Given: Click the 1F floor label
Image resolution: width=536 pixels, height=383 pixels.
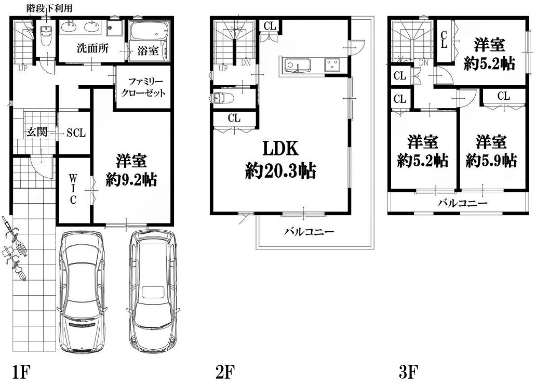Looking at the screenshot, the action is pyautogui.click(x=21, y=372).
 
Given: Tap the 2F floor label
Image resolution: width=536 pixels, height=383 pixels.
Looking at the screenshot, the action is pyautogui.click(x=225, y=372).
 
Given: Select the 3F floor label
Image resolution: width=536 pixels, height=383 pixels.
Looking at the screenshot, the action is pyautogui.click(x=409, y=372).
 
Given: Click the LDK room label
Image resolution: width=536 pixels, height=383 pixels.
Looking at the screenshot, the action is pyautogui.click(x=280, y=149).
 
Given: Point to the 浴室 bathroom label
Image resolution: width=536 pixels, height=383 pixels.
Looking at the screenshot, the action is pyautogui.click(x=148, y=51).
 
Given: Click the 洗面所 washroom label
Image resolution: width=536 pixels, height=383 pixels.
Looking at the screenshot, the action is pyautogui.click(x=92, y=48).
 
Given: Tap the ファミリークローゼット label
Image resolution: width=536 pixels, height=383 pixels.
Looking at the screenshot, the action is pyautogui.click(x=143, y=87).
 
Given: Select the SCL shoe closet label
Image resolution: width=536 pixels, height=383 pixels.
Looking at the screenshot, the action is pyautogui.click(x=76, y=133).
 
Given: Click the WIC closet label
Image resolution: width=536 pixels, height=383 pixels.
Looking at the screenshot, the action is pyautogui.click(x=73, y=189).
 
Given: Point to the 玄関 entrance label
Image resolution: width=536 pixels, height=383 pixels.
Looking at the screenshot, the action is pyautogui.click(x=37, y=131).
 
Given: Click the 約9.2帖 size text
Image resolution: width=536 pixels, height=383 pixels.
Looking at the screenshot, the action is pyautogui.click(x=131, y=179).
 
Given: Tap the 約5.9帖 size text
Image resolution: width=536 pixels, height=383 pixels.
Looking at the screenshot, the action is pyautogui.click(x=491, y=160).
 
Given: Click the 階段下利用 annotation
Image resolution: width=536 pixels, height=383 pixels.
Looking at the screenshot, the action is pyautogui.click(x=49, y=8).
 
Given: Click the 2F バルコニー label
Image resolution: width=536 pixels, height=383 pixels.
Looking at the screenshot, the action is pyautogui.click(x=309, y=232).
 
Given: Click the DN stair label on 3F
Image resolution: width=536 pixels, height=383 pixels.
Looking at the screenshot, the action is pyautogui.click(x=423, y=62).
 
